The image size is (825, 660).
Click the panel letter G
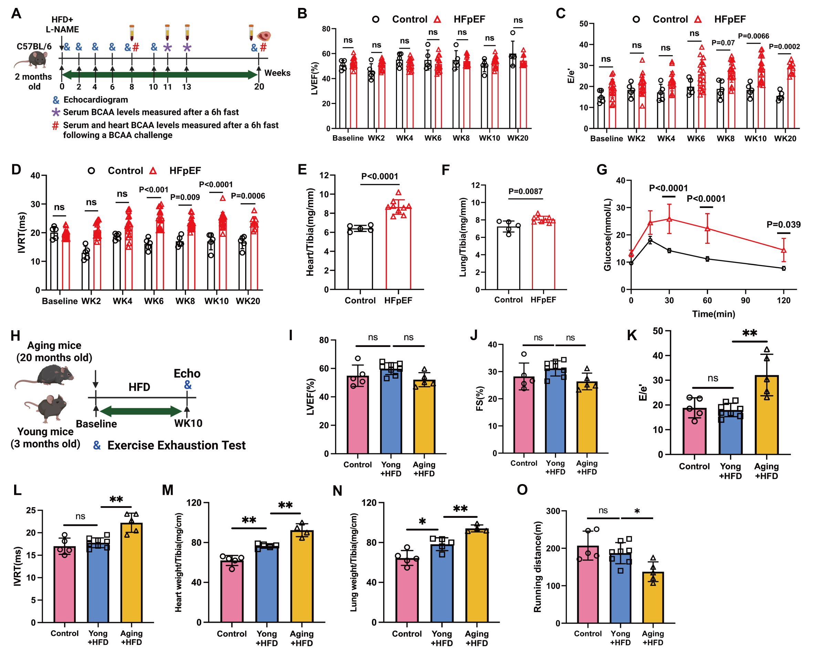pos(602,169)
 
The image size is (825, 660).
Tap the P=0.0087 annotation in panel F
pos(525,191)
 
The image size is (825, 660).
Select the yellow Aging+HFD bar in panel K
pos(766,415)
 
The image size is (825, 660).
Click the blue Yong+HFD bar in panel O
pos(620,588)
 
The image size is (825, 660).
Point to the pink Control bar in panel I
pos(357,415)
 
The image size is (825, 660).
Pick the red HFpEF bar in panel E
pos(398,249)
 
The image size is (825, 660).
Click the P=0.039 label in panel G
pos(784,224)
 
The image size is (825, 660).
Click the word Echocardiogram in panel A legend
pos(96,100)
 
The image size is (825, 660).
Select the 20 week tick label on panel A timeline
pos(259,86)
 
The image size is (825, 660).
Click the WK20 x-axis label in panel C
pos(785,138)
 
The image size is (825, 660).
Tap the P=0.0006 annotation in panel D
pos(248,196)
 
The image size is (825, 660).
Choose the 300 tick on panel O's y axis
pos(553,511)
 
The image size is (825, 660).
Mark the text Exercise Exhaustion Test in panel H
pos(176,446)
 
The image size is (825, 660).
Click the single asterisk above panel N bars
pos(422,522)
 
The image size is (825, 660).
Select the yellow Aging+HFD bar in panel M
pos(302,576)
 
